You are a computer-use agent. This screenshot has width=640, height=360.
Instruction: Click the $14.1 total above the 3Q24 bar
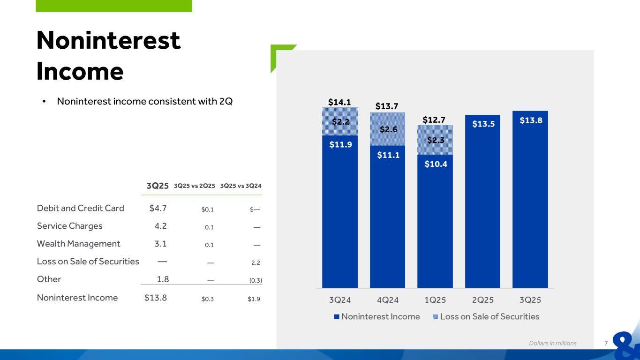tap(339, 102)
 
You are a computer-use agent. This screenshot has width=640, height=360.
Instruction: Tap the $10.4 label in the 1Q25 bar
tap(435, 164)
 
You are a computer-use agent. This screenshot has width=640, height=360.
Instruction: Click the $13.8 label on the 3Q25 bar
tap(530, 120)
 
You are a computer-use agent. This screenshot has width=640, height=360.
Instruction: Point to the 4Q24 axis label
tap(387, 299)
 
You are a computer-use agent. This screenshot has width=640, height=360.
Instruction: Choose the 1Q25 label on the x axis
tap(435, 299)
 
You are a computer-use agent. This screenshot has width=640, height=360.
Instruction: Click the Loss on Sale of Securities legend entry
tap(486, 316)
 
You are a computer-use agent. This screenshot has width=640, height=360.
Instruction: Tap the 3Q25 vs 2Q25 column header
tap(194, 186)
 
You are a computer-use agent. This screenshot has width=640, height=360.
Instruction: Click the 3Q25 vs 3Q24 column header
tap(241, 186)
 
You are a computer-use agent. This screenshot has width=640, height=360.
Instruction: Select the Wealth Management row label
tap(78, 244)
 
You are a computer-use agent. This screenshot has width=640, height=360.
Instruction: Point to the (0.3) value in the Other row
tap(255, 280)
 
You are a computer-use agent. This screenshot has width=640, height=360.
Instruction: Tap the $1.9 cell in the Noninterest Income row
tap(254, 298)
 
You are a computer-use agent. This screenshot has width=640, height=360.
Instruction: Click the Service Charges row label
tap(69, 226)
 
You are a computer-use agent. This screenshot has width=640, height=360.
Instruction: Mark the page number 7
tap(606, 343)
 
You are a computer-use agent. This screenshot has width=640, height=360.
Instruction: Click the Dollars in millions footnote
tap(553, 343)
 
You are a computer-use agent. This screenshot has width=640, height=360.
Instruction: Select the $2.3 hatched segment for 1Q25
tap(435, 140)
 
